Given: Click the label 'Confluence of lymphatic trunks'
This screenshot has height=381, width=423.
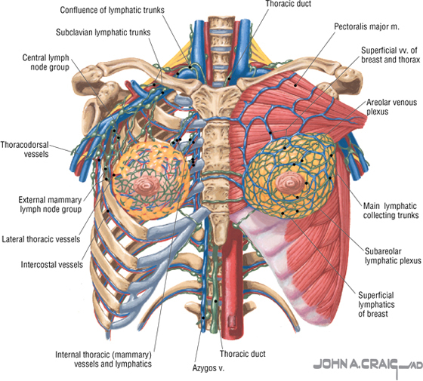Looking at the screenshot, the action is [x=112, y=11].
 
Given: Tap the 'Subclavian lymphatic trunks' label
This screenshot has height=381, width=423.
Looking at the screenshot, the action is [x=103, y=32].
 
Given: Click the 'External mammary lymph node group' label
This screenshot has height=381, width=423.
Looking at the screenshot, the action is [x=50, y=204].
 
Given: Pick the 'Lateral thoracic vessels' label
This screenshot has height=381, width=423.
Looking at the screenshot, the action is [x=41, y=239].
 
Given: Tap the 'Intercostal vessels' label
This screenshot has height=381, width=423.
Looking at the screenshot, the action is [x=52, y=265].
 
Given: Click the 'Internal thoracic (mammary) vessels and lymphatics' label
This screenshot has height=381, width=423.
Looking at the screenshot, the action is [x=103, y=359].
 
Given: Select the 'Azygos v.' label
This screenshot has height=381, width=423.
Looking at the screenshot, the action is [x=208, y=368].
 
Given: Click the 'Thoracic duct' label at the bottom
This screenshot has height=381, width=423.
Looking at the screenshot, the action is [x=242, y=354].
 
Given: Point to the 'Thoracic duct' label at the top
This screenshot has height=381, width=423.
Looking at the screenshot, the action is [x=289, y=4].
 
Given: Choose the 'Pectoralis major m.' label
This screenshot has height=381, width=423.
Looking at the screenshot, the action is [x=366, y=26].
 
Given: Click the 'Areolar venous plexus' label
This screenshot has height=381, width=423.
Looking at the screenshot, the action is [x=391, y=107].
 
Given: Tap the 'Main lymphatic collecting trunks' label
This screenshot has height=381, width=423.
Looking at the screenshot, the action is [x=391, y=210].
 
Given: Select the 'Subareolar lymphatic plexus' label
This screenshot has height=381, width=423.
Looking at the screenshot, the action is [x=393, y=256].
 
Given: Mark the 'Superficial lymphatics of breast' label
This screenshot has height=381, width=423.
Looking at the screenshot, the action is [x=376, y=305].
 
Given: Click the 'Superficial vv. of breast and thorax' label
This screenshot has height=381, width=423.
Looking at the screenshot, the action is [x=391, y=55].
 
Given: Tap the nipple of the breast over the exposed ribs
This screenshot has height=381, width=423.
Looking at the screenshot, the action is [x=147, y=185].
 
